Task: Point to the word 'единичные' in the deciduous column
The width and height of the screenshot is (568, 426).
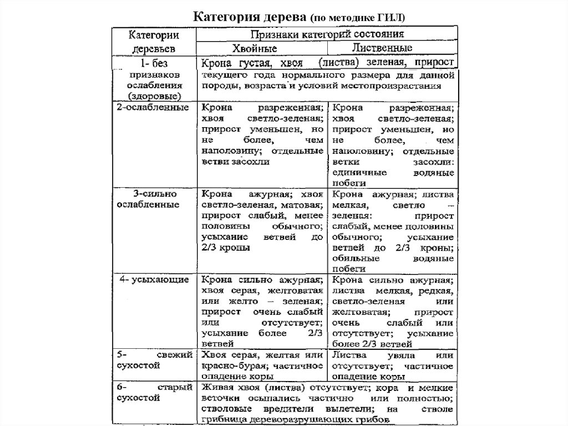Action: (354, 173)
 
